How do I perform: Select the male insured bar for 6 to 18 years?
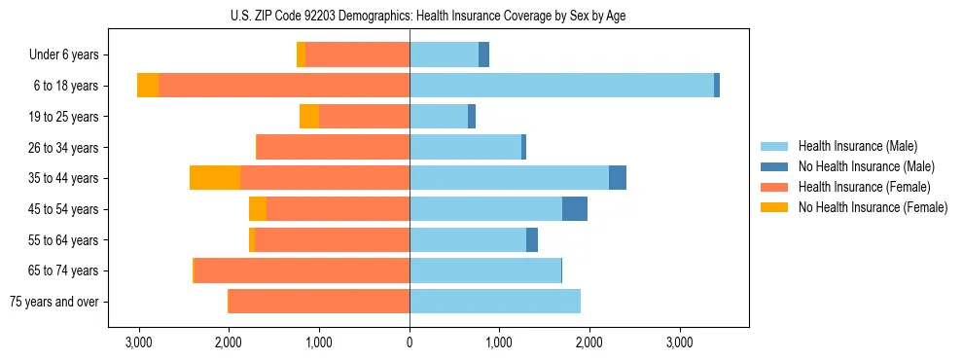[561, 86]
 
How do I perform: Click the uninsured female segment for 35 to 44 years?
[215, 178]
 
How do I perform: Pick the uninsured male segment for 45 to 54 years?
[575, 209]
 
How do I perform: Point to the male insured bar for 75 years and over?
[495, 302]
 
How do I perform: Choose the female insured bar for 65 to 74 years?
[302, 270]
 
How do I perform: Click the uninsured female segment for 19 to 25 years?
[309, 117]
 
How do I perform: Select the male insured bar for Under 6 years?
[444, 54]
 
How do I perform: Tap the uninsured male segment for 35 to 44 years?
[618, 178]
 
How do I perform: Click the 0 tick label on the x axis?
[410, 343]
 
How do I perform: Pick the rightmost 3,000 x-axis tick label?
[679, 343]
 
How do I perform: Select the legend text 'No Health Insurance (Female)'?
[873, 207]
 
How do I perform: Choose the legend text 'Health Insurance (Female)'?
[864, 187]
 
